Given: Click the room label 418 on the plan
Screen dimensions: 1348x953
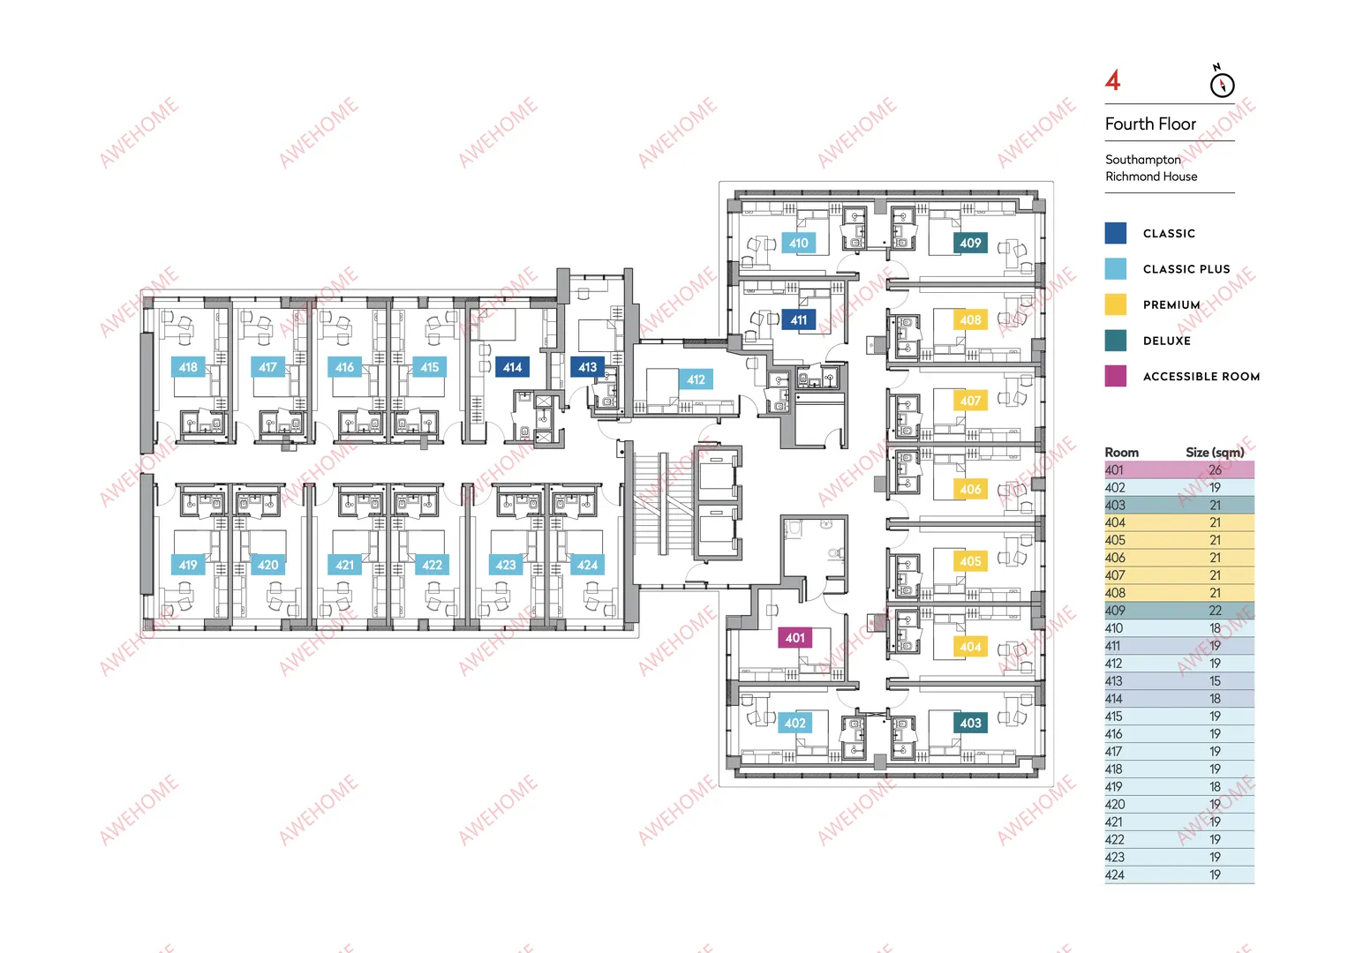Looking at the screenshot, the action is coord(188,367).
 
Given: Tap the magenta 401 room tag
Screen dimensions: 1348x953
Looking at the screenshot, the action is coord(794,638).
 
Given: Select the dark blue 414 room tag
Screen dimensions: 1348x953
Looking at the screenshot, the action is coord(512,367).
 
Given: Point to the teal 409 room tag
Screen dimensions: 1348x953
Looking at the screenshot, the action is coord(970,243).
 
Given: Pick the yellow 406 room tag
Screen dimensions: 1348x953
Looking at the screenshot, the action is coord(970,489).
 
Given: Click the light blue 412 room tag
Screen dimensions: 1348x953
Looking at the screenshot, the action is coord(696,379).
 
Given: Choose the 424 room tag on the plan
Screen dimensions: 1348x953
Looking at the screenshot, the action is coord(587,565).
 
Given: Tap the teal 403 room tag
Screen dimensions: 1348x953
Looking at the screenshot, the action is coord(970,723).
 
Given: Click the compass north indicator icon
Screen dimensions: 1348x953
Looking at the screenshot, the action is coord(1222,82).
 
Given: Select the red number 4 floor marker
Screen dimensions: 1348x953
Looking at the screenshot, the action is coord(1112,80).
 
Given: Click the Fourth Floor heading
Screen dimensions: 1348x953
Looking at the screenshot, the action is coord(1150,124).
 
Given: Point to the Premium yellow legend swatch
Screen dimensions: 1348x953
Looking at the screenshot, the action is coord(1115,304).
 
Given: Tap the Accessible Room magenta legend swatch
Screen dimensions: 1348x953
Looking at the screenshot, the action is coord(1115,376).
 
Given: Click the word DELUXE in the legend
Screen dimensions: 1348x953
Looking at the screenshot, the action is coord(1167,341).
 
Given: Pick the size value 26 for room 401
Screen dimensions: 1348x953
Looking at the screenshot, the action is coord(1215,469).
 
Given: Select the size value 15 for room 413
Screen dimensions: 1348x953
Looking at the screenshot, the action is coord(1215,680).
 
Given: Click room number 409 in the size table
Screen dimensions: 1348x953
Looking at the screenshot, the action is coord(1115,610).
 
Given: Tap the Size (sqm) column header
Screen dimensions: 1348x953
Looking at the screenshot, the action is coord(1215,453).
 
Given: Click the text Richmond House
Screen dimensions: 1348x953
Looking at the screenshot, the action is coord(1150,176).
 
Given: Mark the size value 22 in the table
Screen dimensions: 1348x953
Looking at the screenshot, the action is coord(1215,610).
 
